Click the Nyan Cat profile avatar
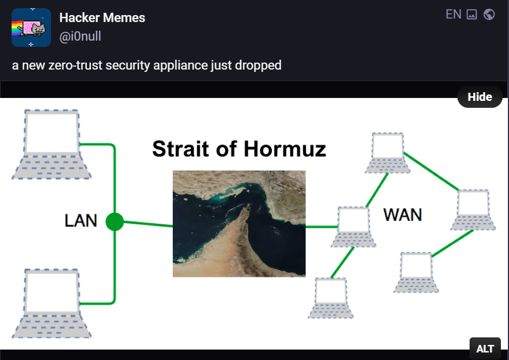point(31,27)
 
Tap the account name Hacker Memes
point(102,17)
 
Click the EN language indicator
point(453,14)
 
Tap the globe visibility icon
point(489,14)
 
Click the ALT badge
point(485,348)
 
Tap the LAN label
point(81,221)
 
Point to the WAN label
point(402,214)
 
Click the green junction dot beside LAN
point(115,221)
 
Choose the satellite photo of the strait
point(239,223)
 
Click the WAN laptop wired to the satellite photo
point(354,226)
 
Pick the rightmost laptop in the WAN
point(474,209)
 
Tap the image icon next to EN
point(471,14)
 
